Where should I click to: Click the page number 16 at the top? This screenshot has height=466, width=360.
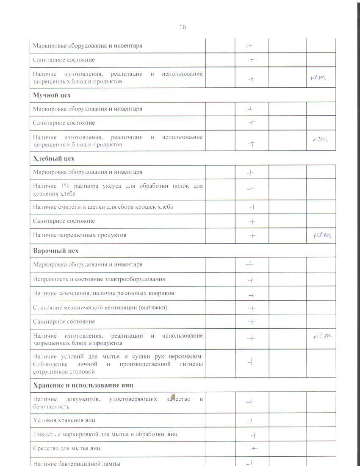pyautogui.click(x=183, y=27)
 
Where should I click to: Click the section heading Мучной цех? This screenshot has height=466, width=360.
pyautogui.click(x=52, y=95)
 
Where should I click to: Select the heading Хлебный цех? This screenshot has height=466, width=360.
pyautogui.click(x=54, y=158)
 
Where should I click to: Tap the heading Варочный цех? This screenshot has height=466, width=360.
pyautogui.click(x=56, y=250)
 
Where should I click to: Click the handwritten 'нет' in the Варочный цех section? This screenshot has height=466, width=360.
pyautogui.click(x=322, y=336)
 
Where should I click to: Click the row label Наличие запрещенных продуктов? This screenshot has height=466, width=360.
pyautogui.click(x=80, y=235)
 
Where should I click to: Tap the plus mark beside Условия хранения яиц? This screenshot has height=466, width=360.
pyautogui.click(x=251, y=421)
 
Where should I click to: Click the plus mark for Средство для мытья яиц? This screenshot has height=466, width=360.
pyautogui.click(x=253, y=449)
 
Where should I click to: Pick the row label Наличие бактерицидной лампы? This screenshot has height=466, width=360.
pyautogui.click(x=77, y=463)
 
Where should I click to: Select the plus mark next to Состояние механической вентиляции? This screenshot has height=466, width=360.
pyautogui.click(x=252, y=308)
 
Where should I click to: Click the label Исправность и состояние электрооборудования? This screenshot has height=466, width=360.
pyautogui.click(x=99, y=279)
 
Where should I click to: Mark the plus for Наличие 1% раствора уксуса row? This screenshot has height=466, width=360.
pyautogui.click(x=251, y=189)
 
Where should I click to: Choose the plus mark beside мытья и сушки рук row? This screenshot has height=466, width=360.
pyautogui.click(x=251, y=362)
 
